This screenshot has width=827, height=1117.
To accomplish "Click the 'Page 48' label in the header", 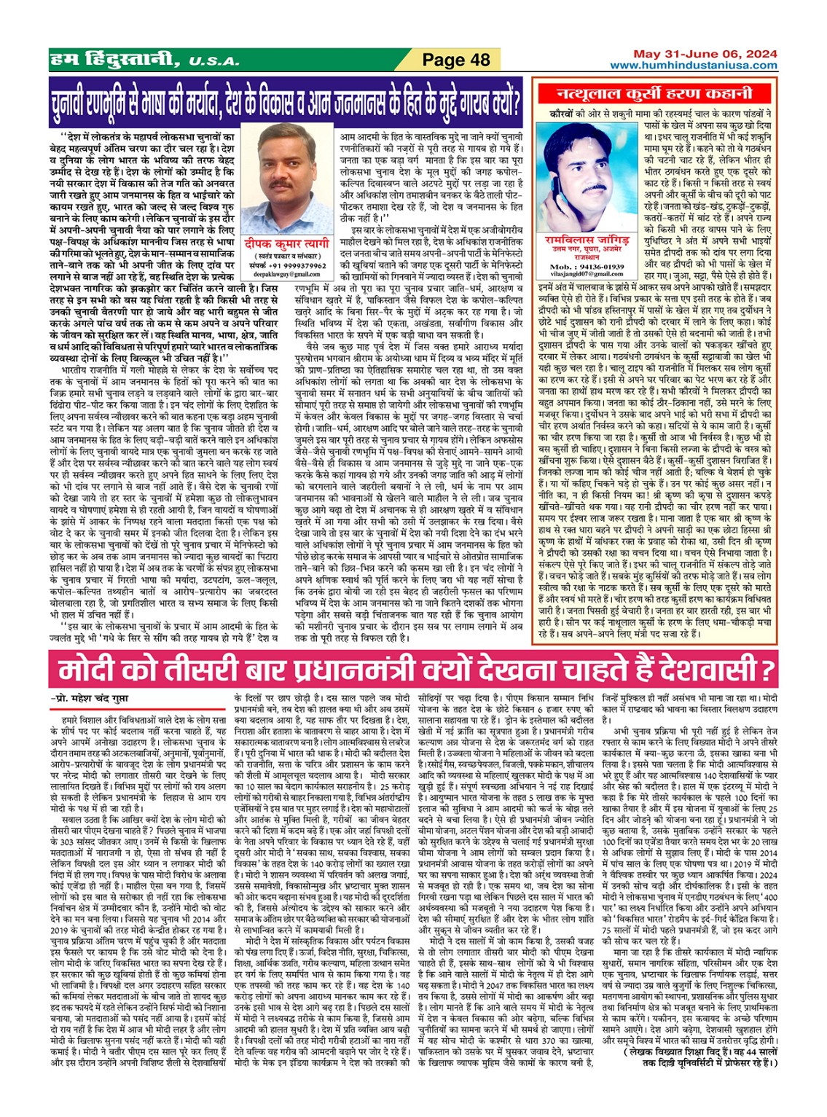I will pyautogui.click(x=456, y=60).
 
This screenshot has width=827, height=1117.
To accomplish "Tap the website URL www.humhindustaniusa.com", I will pyautogui.click(x=694, y=66).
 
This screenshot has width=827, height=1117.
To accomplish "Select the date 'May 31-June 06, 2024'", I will pyautogui.click(x=705, y=55).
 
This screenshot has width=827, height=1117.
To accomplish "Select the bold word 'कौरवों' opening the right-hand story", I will pyautogui.click(x=563, y=114).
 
